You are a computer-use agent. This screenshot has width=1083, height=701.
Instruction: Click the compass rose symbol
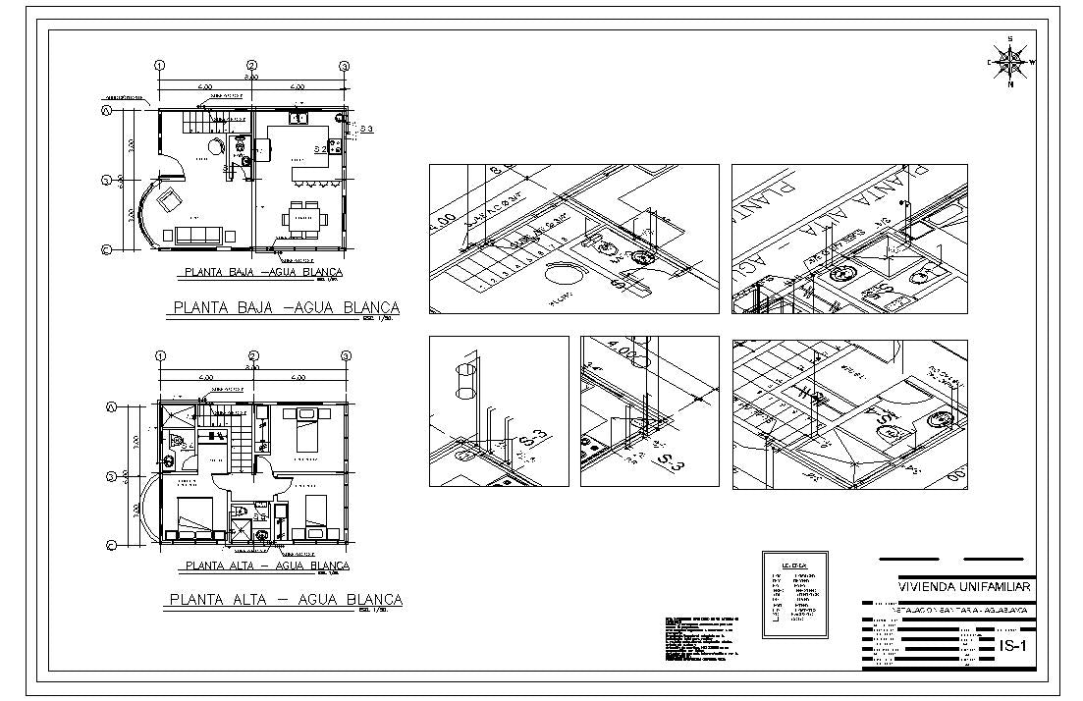pos(1010,62)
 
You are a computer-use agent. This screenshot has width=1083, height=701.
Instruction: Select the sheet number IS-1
pos(1012,646)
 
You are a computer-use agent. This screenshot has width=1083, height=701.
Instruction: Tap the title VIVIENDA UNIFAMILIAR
pos(963,586)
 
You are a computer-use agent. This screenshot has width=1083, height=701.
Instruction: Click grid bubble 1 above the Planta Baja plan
pos(158,66)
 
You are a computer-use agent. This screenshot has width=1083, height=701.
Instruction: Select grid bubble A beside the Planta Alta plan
pos(111,406)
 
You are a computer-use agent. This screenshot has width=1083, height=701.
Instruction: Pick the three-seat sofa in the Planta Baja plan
pos(199,235)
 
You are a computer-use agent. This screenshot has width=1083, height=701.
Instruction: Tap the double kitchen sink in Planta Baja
pos(299,118)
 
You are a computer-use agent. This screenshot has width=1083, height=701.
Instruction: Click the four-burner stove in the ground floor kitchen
pos(335,147)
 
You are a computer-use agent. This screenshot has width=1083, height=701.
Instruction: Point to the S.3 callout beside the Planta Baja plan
pos(365,129)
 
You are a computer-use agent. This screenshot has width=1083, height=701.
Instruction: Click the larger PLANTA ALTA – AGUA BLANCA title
pos(286,599)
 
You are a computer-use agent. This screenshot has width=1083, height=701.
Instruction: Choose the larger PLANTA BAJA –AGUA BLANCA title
pos(286,307)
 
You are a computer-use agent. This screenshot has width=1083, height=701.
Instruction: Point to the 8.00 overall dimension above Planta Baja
pos(251,77)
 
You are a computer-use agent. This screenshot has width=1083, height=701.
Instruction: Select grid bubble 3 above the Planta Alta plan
pos(345,355)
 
